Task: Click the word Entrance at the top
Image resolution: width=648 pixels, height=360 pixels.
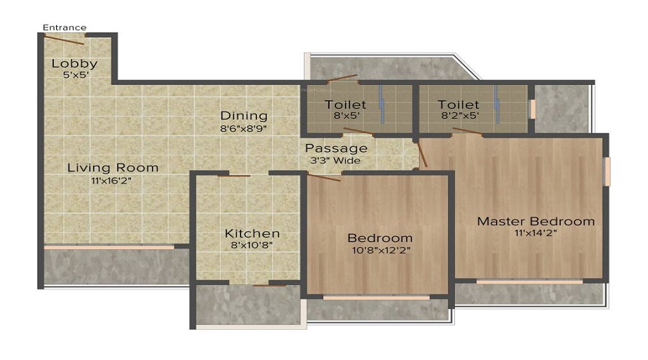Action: (x=64, y=28)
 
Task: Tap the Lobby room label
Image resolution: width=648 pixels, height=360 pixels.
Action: (x=74, y=63)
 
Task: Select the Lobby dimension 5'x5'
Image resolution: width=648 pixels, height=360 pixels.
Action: (x=74, y=74)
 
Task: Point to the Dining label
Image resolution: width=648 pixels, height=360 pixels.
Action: (x=244, y=115)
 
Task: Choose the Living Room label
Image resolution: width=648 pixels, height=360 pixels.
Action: (x=112, y=168)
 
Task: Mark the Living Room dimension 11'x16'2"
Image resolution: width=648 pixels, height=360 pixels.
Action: (x=112, y=180)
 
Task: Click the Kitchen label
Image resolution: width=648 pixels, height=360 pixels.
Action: (x=252, y=233)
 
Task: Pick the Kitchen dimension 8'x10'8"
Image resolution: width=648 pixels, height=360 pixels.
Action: (x=252, y=246)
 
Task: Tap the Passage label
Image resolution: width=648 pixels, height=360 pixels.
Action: (x=337, y=148)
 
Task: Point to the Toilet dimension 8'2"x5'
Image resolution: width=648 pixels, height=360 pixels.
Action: (x=459, y=115)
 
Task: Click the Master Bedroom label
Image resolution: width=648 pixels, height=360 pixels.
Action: (x=536, y=221)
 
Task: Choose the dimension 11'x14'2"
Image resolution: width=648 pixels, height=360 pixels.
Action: (x=536, y=233)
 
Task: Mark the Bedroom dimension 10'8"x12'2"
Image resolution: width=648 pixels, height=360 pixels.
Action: (x=380, y=250)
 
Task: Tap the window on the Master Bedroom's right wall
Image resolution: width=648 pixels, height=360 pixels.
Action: (x=607, y=171)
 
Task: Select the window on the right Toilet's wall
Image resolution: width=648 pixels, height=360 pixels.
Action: (x=533, y=109)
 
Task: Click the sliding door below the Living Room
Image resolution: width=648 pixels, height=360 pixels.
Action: (x=109, y=248)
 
